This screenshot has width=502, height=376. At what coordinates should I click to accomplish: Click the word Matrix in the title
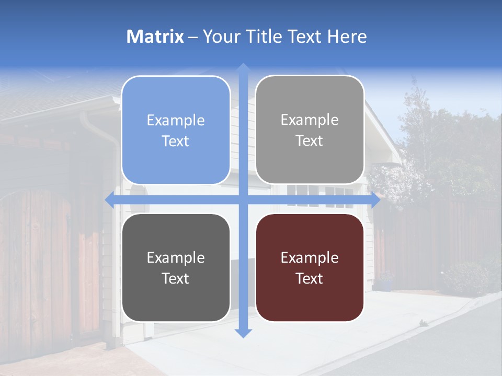(155, 37)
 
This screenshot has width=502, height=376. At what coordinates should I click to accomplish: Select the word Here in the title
(347, 37)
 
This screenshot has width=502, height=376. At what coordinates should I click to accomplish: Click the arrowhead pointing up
(243, 68)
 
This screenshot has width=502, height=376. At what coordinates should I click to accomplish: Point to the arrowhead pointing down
(243, 333)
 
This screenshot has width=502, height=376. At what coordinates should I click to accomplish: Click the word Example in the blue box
(176, 121)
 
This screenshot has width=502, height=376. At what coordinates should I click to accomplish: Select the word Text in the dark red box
(310, 278)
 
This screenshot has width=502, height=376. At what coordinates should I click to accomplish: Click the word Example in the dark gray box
(176, 257)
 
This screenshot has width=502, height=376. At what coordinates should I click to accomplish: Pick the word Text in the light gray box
(310, 140)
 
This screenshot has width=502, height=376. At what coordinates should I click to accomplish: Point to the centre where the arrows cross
(243, 200)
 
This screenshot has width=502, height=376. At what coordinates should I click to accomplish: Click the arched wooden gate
(37, 261)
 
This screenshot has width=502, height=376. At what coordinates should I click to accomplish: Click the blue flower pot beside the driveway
(386, 285)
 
